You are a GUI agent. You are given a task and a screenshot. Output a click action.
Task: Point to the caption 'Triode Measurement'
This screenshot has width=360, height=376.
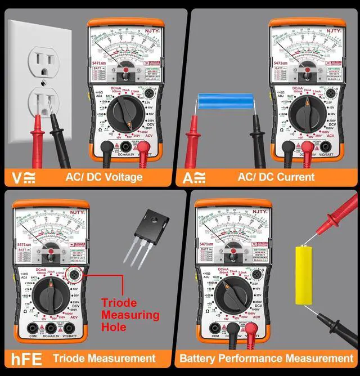point(104,358)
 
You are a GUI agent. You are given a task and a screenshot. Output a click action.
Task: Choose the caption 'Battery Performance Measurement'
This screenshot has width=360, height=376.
point(267,358)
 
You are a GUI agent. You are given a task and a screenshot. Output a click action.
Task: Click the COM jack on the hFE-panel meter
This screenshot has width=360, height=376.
point(32,329)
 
